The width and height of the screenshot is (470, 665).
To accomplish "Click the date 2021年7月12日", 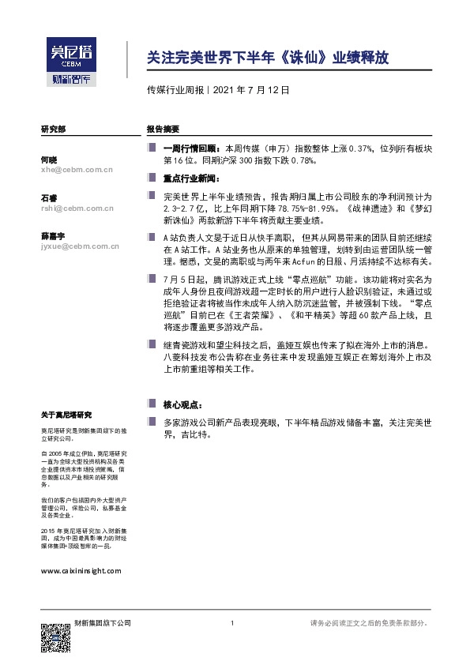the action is pyautogui.click(x=250, y=90).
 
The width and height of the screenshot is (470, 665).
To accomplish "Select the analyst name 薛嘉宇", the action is pyautogui.click(x=52, y=237).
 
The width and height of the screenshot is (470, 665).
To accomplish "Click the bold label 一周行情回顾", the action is pyautogui.click(x=192, y=148).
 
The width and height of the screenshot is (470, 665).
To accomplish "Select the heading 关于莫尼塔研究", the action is pyautogui.click(x=66, y=415).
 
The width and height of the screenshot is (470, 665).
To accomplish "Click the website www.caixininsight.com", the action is pyautogui.click(x=80, y=569).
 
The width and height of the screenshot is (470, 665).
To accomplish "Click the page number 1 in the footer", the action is pyautogui.click(x=231, y=624).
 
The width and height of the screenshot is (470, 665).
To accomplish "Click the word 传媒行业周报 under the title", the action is pyautogui.click(x=175, y=90).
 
